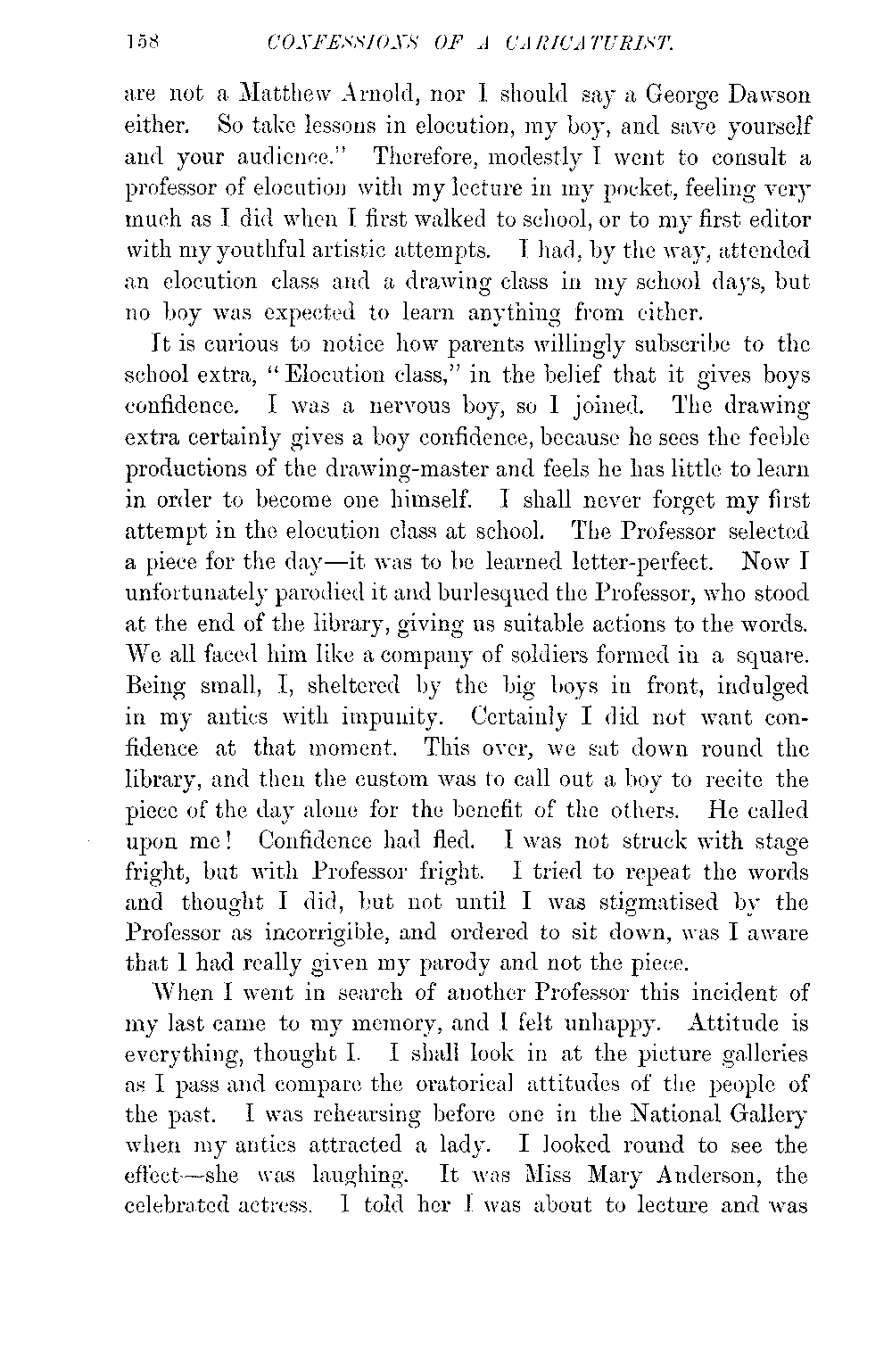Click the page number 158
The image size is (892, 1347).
(143, 40)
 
